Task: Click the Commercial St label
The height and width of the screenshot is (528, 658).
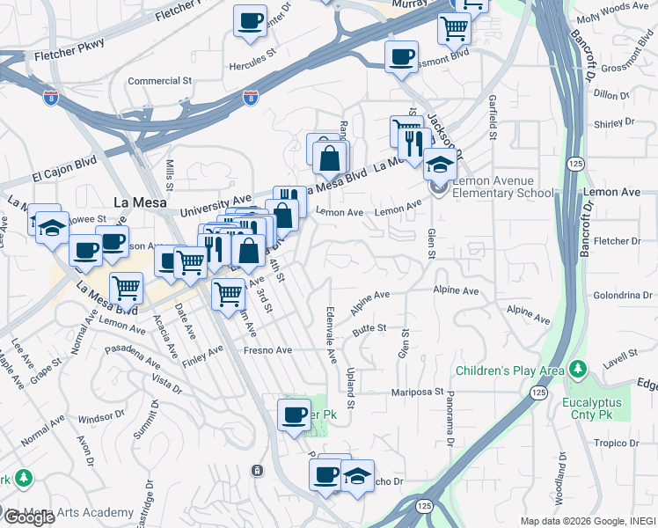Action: click(159, 81)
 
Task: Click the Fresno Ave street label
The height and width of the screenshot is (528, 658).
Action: click(268, 349)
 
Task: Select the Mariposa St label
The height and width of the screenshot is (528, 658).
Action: click(416, 391)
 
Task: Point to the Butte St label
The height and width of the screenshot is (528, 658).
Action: click(369, 328)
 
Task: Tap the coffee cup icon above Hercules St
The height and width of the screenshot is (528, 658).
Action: click(250, 19)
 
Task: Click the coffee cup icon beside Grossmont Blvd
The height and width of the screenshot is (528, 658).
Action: click(401, 57)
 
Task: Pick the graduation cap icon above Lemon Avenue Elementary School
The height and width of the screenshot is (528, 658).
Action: click(440, 164)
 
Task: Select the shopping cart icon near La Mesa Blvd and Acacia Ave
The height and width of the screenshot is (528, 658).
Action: click(127, 288)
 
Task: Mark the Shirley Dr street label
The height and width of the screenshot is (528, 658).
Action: click(614, 125)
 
